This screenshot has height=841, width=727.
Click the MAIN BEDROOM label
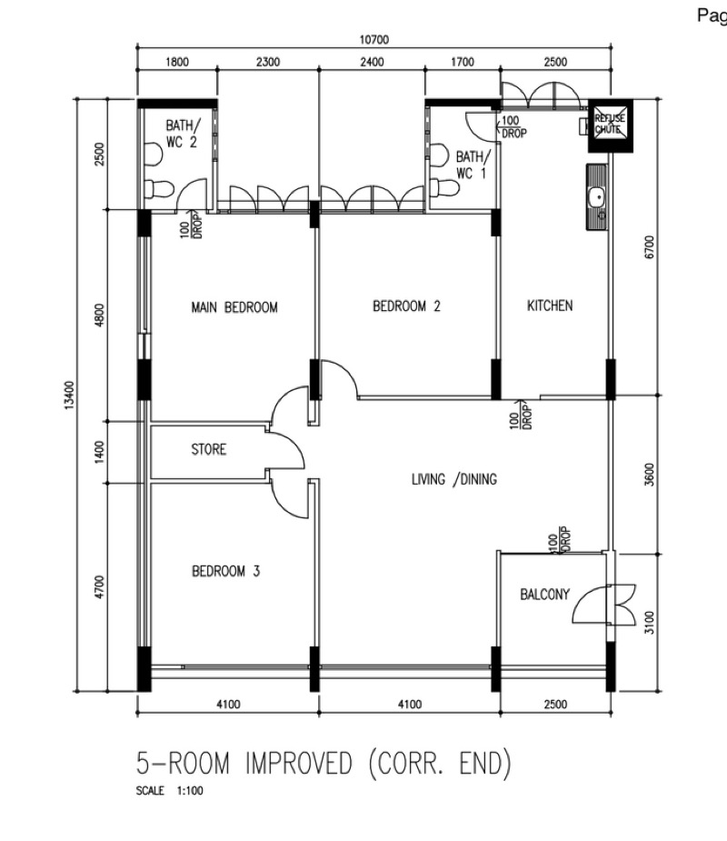click(x=234, y=307)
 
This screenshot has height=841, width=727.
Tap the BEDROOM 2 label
click(x=406, y=306)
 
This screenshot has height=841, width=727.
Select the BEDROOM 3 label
click(x=225, y=571)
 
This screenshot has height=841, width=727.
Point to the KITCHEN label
click(x=550, y=305)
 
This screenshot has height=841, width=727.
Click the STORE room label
click(x=208, y=449)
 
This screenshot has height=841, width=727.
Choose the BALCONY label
click(x=544, y=595)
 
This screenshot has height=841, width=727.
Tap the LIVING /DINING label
click(x=454, y=479)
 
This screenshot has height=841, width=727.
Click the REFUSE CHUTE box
click(x=611, y=126)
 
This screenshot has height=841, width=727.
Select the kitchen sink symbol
click(x=597, y=197)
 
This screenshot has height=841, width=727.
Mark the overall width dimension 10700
click(x=373, y=40)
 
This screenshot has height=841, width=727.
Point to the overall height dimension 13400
click(x=69, y=395)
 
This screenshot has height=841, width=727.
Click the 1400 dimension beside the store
click(x=99, y=452)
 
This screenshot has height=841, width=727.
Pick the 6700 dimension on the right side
click(x=649, y=247)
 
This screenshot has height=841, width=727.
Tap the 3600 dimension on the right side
click(x=649, y=475)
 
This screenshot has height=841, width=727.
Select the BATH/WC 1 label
click(x=473, y=165)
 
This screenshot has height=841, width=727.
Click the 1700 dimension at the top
click(x=463, y=62)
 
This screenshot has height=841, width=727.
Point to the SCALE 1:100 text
click(x=169, y=791)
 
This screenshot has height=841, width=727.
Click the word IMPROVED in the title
click(x=299, y=763)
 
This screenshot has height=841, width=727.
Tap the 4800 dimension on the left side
click(x=99, y=315)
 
